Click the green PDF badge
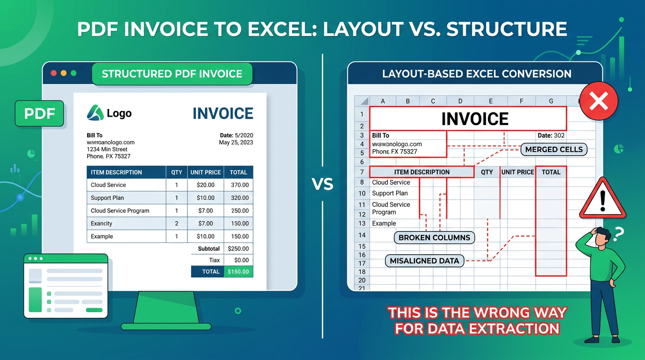(x=39, y=113)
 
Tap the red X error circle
(x=599, y=101)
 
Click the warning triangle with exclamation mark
(x=602, y=199)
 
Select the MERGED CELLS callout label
(x=554, y=150)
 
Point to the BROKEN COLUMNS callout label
(x=434, y=238)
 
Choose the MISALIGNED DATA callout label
(x=424, y=261)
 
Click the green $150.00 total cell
(x=239, y=271)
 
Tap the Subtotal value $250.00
(x=238, y=248)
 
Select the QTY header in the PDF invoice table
(x=177, y=172)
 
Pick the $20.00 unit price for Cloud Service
(x=206, y=185)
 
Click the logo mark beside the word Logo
(x=95, y=112)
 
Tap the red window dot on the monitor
(x=53, y=73)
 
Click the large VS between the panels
(x=322, y=184)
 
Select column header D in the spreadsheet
(x=460, y=101)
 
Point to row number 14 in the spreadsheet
(x=362, y=235)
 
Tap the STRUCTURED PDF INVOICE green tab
(x=172, y=74)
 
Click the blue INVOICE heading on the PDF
(x=223, y=113)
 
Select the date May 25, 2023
(x=236, y=142)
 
